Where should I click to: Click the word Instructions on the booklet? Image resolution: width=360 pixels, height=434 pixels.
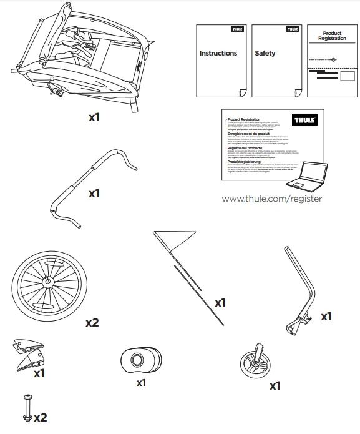point(218,54)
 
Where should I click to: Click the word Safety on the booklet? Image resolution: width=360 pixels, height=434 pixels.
point(265,54)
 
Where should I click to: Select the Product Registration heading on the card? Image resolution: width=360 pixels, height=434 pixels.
point(332,36)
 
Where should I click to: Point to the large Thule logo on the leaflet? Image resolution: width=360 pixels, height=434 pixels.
point(304,120)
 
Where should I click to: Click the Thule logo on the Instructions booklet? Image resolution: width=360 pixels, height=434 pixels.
point(237,29)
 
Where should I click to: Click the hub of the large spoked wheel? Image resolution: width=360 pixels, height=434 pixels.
point(47,282)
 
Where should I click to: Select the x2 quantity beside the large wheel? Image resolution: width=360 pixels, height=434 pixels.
point(92,323)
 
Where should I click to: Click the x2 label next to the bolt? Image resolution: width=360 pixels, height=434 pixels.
point(41,417)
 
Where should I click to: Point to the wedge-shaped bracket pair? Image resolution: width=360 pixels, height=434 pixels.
point(29,353)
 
